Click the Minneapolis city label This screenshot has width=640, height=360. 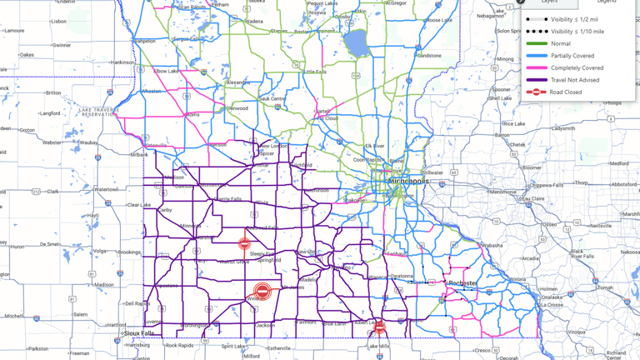point(406,181)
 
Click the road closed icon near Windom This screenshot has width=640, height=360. point(262,291)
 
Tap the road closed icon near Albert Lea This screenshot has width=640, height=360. point(380,326)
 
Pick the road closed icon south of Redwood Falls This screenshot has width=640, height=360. point(244,244)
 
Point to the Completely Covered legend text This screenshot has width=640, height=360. point(577,67)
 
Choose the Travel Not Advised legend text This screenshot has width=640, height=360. point(575,80)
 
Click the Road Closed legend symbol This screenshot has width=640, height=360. point(536,92)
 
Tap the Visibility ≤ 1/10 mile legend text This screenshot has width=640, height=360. point(577,32)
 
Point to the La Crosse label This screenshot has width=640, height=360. point(552,304)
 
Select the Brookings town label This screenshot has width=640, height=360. point(129,252)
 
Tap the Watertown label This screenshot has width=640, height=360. point(106,189)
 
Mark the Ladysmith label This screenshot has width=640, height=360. point(563,128)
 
